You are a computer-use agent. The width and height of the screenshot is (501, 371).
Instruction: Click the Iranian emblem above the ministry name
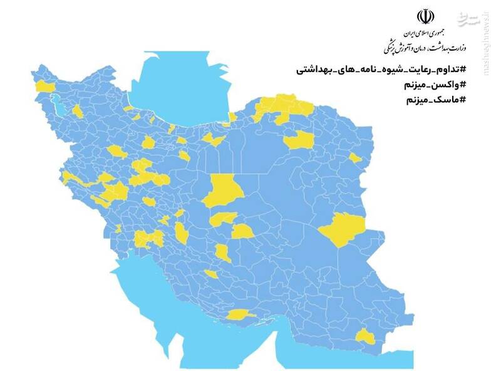425,16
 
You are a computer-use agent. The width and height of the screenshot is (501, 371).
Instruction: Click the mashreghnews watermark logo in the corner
471,18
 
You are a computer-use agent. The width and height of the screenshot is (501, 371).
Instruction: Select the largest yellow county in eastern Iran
343,229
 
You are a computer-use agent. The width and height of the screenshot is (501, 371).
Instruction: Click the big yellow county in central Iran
223,190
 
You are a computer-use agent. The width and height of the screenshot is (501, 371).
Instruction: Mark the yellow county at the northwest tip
44,86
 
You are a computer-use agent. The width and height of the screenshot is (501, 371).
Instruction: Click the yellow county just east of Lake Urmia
77,112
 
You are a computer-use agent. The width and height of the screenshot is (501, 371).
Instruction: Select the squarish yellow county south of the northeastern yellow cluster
298,140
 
